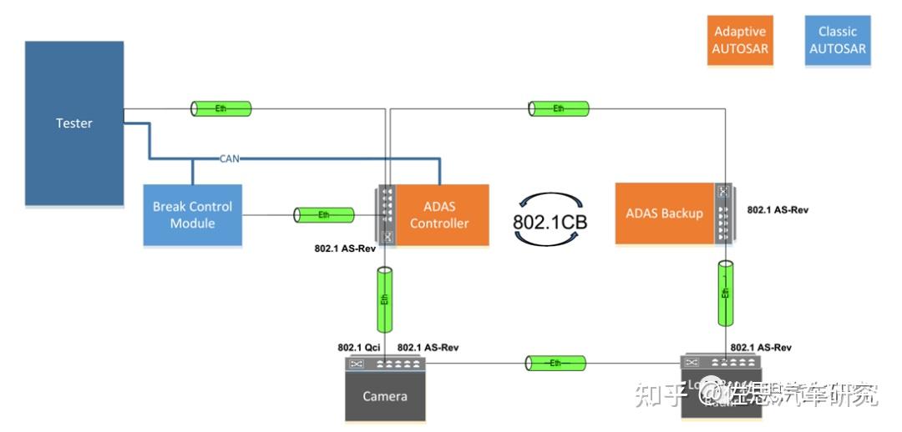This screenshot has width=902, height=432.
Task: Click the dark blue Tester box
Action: pyautogui.click(x=74, y=123)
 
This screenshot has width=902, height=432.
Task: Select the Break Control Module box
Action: pyautogui.click(x=192, y=215)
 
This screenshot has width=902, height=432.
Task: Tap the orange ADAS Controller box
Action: pyautogui.click(x=439, y=215)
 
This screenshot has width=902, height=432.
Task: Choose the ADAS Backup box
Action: pyautogui.click(x=664, y=213)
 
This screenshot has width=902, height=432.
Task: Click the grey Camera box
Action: pyautogui.click(x=385, y=395)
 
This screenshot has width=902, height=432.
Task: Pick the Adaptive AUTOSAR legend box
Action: pyautogui.click(x=740, y=40)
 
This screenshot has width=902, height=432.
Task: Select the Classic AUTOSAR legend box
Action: pyautogui.click(x=837, y=40)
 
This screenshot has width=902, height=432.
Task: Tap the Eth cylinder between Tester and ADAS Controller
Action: pyautogui.click(x=221, y=108)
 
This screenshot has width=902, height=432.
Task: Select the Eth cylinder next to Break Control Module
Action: pyautogui.click(x=324, y=215)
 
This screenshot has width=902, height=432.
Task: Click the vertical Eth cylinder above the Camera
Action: pyautogui.click(x=385, y=299)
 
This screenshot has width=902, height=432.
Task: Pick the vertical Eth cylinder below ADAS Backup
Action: pyautogui.click(x=726, y=293)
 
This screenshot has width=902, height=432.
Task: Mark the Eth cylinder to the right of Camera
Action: pyautogui.click(x=555, y=364)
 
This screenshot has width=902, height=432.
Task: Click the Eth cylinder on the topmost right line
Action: pyautogui.click(x=559, y=108)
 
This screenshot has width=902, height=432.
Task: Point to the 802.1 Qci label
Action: pyautogui.click(x=360, y=348)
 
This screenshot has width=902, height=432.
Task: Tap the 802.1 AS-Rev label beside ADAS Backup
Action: pyautogui.click(x=778, y=210)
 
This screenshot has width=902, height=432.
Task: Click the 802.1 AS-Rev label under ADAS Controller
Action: pyautogui.click(x=344, y=249)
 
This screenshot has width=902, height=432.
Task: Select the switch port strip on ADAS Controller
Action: pyautogui.click(x=386, y=215)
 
